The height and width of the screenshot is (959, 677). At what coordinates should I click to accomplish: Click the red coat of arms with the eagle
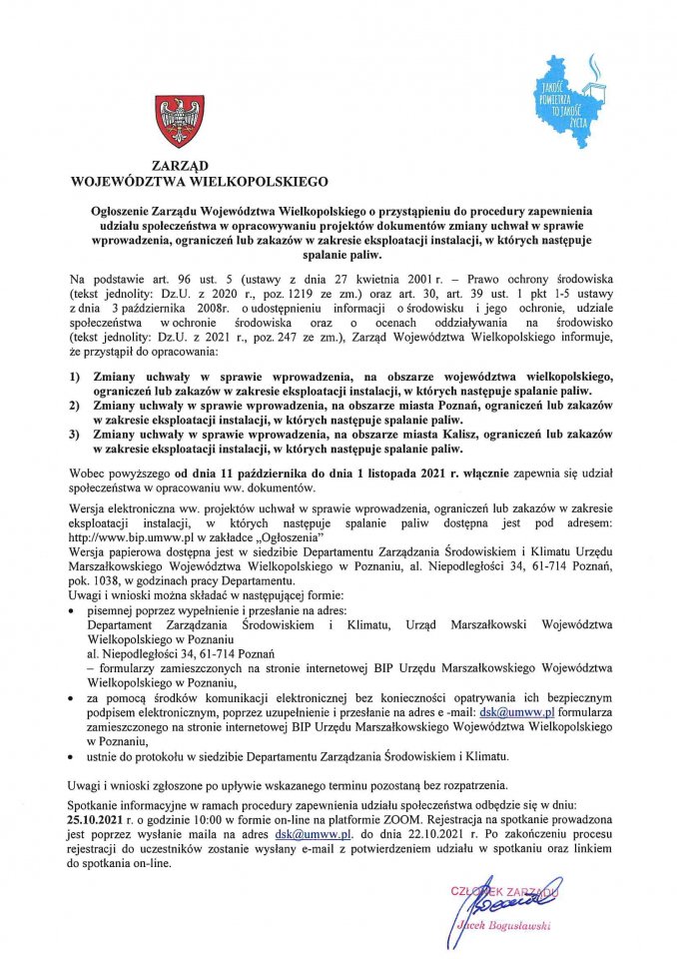tap(180, 122)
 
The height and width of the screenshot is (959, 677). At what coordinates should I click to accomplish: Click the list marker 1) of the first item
tap(75, 376)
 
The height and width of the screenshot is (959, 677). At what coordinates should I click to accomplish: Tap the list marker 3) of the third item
tap(75, 437)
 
